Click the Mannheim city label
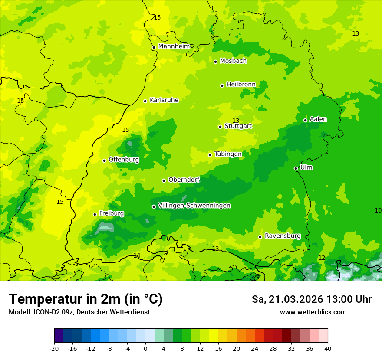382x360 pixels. tap(174, 46)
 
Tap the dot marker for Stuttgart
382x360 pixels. tap(220, 127)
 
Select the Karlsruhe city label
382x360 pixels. tap(164, 100)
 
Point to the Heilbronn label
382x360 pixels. tap(240, 85)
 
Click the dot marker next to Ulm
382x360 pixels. tap(296, 168)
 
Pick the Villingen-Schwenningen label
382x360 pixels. tap(194, 206)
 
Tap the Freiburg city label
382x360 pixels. tap(111, 213)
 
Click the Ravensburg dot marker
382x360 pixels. tap(260, 237)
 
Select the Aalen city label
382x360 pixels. tap(318, 119)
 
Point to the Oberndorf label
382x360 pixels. tap(184, 180)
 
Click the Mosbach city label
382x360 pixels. tap(233, 61)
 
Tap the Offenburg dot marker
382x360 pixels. tap(104, 160)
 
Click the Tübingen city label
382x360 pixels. tap(227, 154)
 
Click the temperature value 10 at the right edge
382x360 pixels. tap(378, 210)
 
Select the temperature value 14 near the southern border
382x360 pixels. tap(137, 255)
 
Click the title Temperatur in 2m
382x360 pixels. tap(86, 299)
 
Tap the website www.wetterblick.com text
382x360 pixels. tap(313, 312)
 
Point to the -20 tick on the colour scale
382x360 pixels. tap(54, 348)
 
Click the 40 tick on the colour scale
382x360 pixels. tap(327, 348)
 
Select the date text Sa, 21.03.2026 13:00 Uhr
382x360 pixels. tap(311, 299)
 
